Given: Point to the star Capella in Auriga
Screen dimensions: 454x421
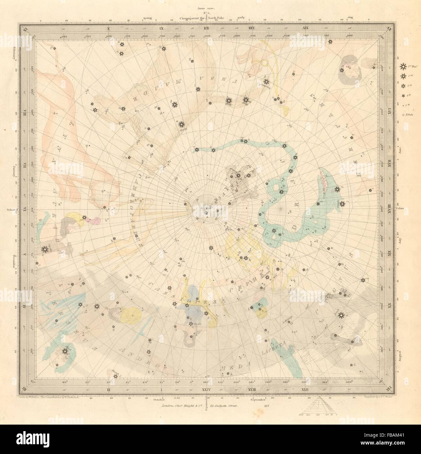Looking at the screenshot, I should pyautogui.click(x=44, y=250).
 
